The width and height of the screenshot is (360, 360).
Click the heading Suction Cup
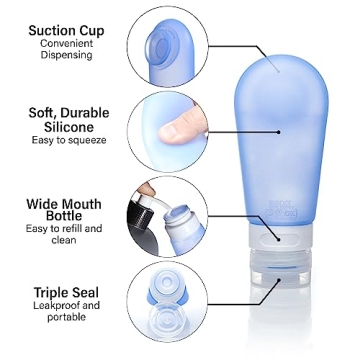pos(66,31)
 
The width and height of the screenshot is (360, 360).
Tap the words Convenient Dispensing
pos(66,50)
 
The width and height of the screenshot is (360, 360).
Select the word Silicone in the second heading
pos(68,127)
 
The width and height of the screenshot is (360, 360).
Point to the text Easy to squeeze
pos(66,141)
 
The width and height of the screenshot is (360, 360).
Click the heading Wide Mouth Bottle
pos(65,209)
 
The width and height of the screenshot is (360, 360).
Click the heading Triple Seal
pos(65,291)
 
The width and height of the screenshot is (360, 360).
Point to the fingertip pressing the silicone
pos(182,126)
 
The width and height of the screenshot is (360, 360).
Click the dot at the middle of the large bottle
pos(279,130)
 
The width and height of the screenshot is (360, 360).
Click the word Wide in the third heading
pos(46,203)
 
